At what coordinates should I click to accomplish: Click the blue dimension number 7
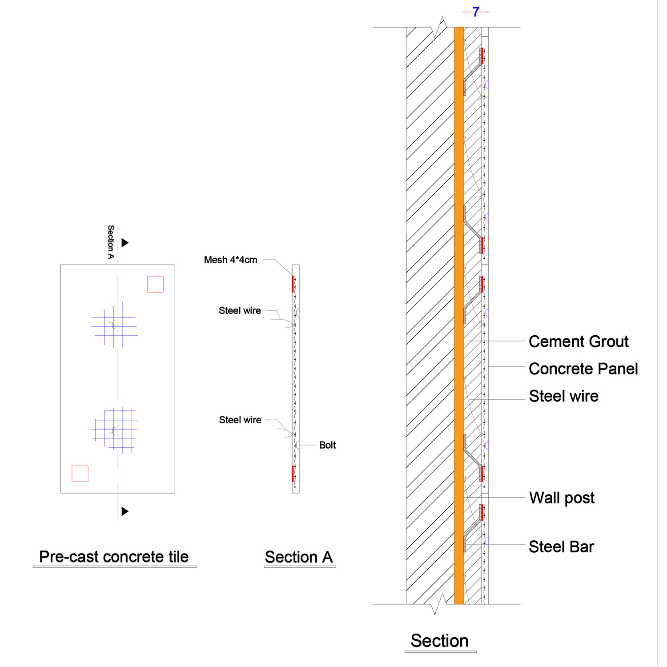(476, 12)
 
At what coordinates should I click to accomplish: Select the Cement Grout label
(579, 342)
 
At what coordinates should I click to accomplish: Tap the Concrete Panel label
(583, 369)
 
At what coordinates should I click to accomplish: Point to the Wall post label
(562, 498)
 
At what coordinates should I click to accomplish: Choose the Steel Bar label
(561, 547)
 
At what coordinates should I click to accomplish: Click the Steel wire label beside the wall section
(563, 396)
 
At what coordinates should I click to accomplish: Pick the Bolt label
(327, 445)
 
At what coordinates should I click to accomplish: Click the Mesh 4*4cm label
(230, 260)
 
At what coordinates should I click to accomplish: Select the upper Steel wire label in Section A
(240, 311)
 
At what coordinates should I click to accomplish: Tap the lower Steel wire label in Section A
(240, 420)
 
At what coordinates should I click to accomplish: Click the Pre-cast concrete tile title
(114, 557)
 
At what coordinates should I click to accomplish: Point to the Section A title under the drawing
(299, 557)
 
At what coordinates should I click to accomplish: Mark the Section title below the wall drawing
(439, 641)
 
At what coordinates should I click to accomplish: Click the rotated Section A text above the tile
(111, 242)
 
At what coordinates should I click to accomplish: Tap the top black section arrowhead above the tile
(125, 243)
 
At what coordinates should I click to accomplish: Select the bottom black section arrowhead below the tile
(125, 511)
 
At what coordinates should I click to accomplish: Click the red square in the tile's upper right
(155, 284)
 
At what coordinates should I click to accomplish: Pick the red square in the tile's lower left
(80, 474)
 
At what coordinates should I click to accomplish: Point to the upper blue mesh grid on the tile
(114, 325)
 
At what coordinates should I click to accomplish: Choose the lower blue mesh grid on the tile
(114, 430)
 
